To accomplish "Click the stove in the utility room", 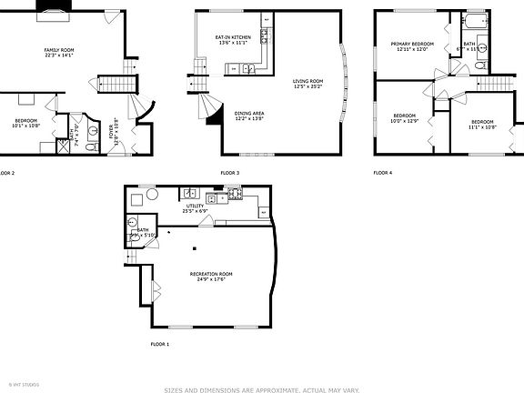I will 234,194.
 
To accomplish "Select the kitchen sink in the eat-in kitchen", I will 247,67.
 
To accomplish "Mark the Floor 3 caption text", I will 229,173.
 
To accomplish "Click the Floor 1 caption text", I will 159,344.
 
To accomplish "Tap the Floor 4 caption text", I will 382,173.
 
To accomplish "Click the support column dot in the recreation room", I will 196,245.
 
